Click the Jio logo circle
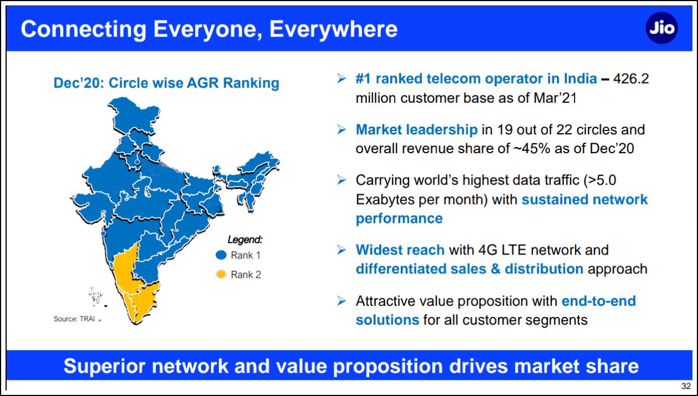(661, 28)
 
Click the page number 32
(686, 386)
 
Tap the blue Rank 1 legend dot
(221, 255)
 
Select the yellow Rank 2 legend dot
(221, 274)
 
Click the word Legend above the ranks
(245, 239)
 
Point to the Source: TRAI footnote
(74, 319)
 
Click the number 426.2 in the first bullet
(631, 79)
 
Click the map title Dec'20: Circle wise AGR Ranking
(167, 83)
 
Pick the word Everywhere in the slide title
(333, 29)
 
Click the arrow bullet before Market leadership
(342, 129)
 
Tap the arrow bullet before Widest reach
(342, 249)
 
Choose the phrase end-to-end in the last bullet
(598, 301)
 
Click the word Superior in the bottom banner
(105, 366)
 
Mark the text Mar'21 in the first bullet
(555, 98)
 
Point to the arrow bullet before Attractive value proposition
(342, 301)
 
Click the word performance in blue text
(399, 218)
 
